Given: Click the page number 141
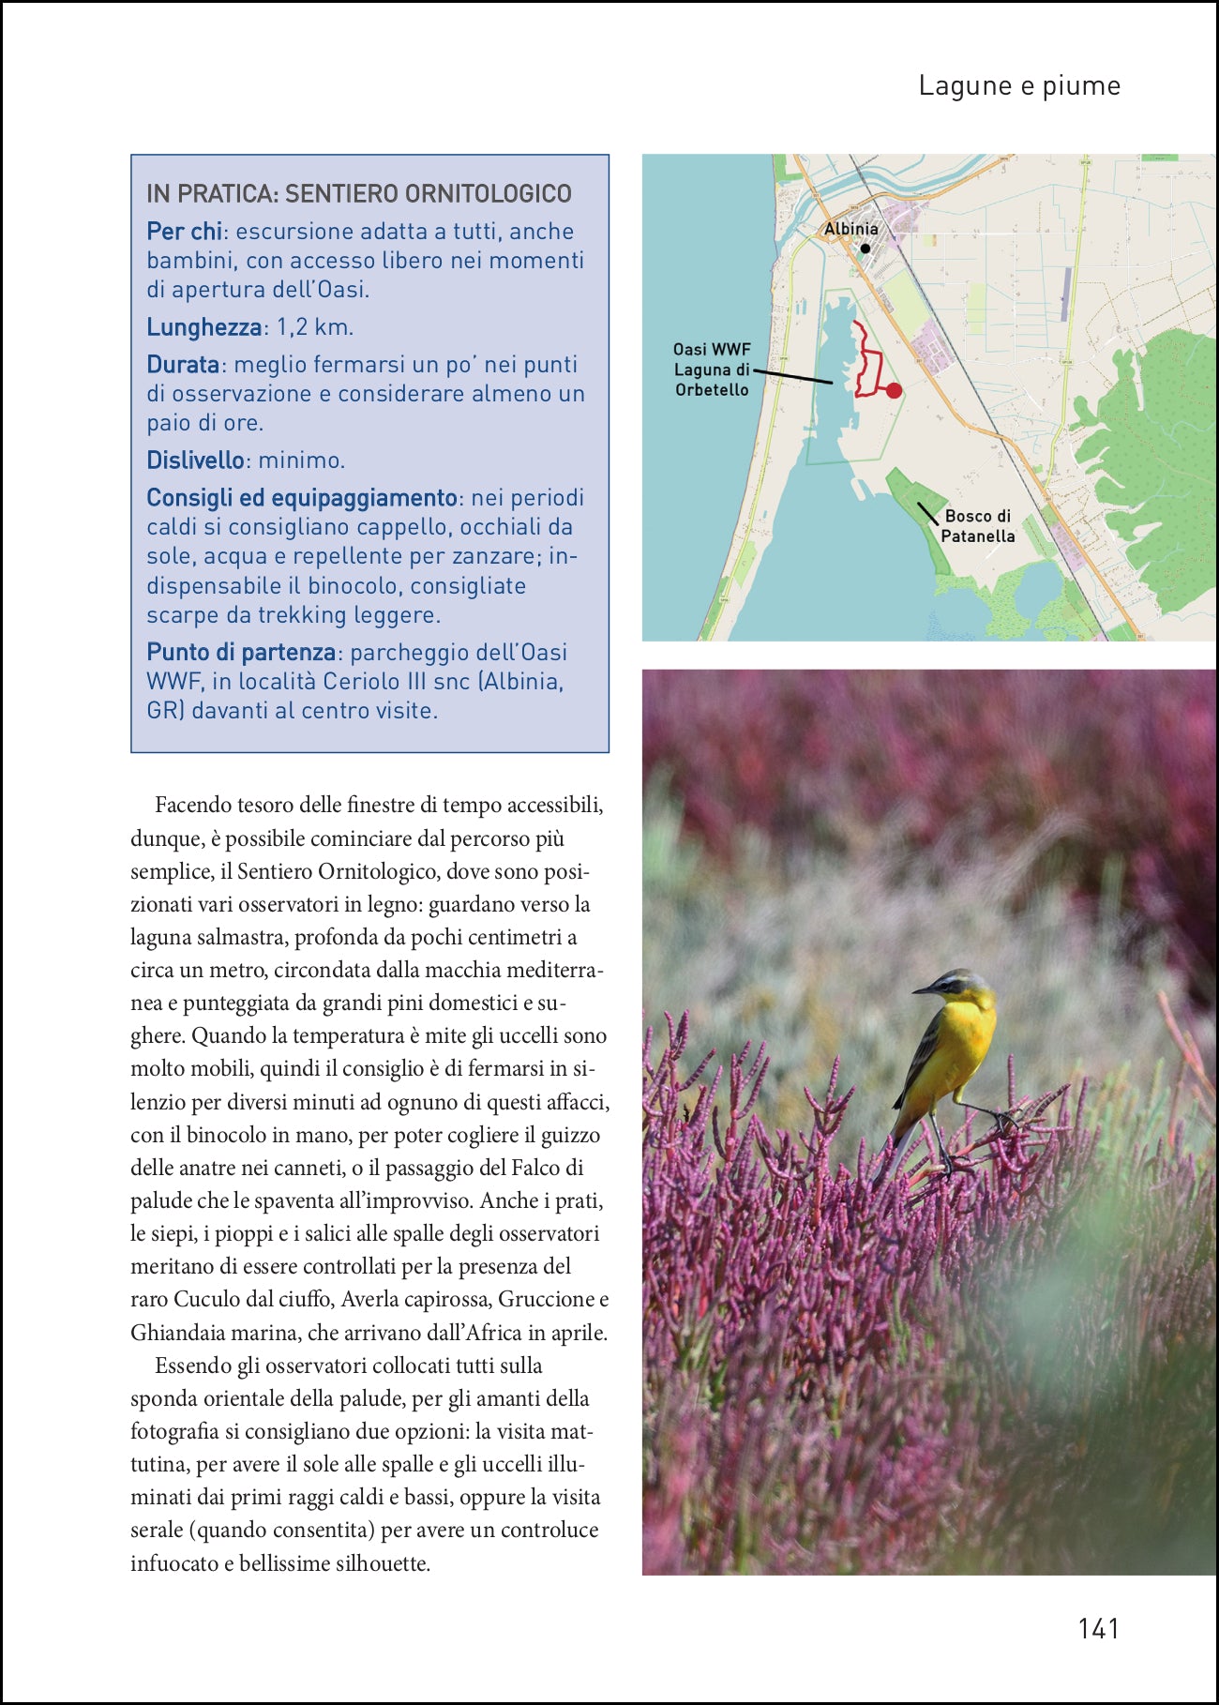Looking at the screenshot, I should coord(1098,1628).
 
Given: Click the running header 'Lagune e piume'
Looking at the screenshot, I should coord(1019,85).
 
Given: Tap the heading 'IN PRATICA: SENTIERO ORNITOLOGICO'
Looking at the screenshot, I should coord(359,193).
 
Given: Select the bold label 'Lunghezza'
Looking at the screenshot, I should coord(203,327).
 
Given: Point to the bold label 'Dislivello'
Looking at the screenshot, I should coord(195,460).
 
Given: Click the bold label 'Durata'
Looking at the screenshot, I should coord(183,365).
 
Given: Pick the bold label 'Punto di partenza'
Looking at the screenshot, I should coord(241,652).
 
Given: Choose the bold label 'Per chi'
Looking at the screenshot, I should coord(184,232).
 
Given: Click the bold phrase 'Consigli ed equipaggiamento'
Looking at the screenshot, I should coord(301,498).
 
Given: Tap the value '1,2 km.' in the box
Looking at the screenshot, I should coord(315,327).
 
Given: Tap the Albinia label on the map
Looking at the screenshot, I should coord(850,229).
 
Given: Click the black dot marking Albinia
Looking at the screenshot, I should coord(865,249).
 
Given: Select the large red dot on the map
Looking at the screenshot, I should coord(894,390).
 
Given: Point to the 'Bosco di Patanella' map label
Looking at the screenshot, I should coord(977,526).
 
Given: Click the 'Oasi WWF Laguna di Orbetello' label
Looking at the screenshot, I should coord(712,370).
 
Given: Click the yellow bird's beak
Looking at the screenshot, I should coord(922,988).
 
